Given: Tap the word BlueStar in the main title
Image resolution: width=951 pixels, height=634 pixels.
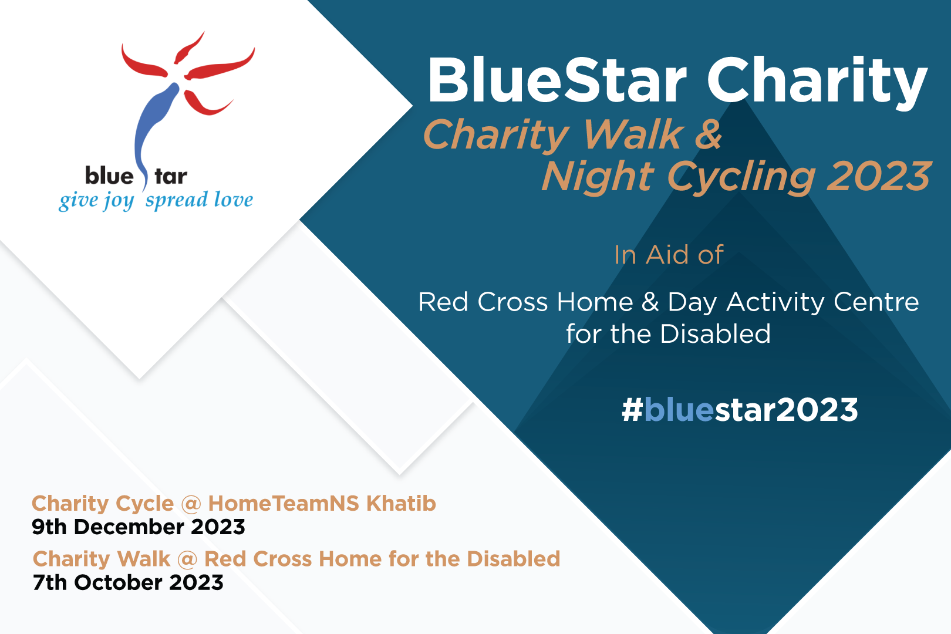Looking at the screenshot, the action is pyautogui.click(x=557, y=80).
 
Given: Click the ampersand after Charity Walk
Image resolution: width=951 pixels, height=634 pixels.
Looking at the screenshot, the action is pyautogui.click(x=708, y=134).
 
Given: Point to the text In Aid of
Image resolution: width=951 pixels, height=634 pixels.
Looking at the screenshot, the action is pyautogui.click(x=669, y=255).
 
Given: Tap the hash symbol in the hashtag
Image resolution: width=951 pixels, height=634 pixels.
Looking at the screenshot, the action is pyautogui.click(x=632, y=410).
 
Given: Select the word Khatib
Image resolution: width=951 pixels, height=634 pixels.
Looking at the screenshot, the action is pyautogui.click(x=401, y=504).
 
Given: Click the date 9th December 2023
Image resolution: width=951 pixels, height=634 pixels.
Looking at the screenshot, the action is pyautogui.click(x=139, y=527).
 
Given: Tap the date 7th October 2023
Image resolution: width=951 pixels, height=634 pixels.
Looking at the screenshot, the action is pyautogui.click(x=128, y=582).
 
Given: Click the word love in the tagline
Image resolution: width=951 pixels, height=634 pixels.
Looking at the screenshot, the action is pyautogui.click(x=234, y=199).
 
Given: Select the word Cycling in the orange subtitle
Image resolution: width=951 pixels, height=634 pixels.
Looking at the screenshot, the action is pyautogui.click(x=741, y=177).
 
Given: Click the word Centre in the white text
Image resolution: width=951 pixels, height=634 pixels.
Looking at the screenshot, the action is pyautogui.click(x=876, y=302).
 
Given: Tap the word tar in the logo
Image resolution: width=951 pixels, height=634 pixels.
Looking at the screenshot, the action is pyautogui.click(x=171, y=176).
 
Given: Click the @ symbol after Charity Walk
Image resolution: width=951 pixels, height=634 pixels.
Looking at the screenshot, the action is pyautogui.click(x=187, y=559).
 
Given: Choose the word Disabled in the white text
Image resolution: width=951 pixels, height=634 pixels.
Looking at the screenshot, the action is pyautogui.click(x=716, y=334).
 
